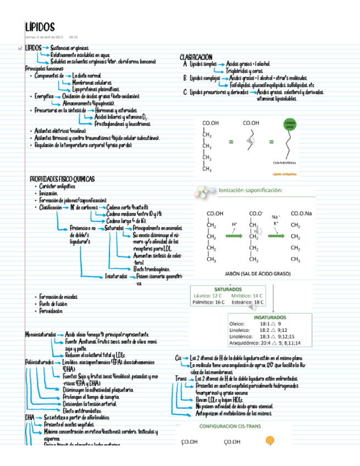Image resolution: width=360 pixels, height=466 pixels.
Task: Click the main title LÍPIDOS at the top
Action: [40, 27]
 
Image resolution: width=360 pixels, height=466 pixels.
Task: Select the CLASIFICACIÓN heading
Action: [196, 58]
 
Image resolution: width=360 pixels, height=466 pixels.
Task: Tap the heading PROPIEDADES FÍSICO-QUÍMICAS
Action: [62, 179]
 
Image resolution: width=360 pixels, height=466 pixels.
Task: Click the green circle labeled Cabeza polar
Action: [290, 124]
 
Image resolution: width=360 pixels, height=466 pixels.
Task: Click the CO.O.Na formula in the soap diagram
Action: [301, 214]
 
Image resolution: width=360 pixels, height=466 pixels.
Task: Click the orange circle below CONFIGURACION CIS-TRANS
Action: [270, 440]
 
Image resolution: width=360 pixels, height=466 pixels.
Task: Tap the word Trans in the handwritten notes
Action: [180, 379]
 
